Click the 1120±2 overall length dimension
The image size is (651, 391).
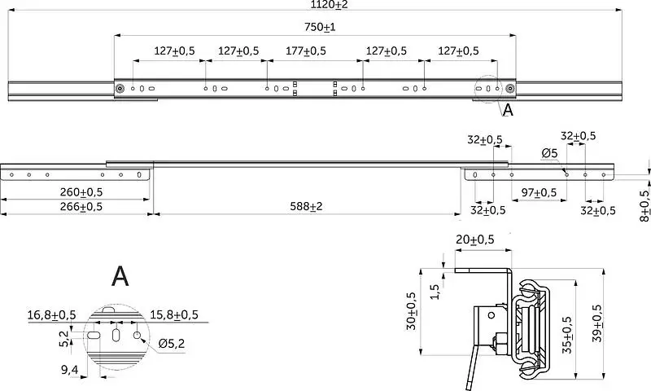click(330, 5)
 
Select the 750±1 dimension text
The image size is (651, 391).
click(320, 27)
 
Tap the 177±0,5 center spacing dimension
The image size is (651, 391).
click(306, 51)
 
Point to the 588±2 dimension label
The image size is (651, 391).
click(306, 206)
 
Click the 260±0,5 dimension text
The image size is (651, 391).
click(81, 192)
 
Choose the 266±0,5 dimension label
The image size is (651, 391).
click(81, 207)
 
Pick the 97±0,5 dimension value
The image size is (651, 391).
click(539, 193)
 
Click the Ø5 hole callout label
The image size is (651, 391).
click(549, 153)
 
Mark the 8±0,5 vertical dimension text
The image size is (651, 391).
click(644, 205)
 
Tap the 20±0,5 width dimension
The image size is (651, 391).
click(475, 239)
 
